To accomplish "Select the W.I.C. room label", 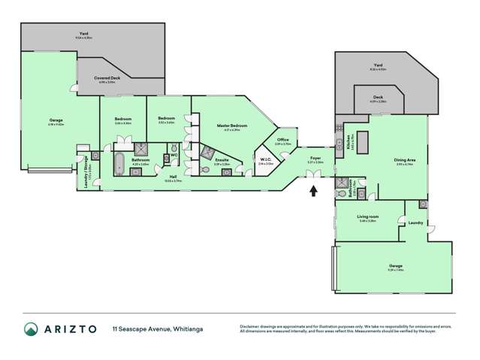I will [x=265, y=159].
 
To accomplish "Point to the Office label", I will [x=283, y=140].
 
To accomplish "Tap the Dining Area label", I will [x=404, y=159].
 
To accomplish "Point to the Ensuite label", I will [x=222, y=160].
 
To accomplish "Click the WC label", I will [x=174, y=156].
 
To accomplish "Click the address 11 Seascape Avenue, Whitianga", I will [x=158, y=329].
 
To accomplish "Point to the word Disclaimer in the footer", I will [x=251, y=325].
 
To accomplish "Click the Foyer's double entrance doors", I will [x=312, y=175].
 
